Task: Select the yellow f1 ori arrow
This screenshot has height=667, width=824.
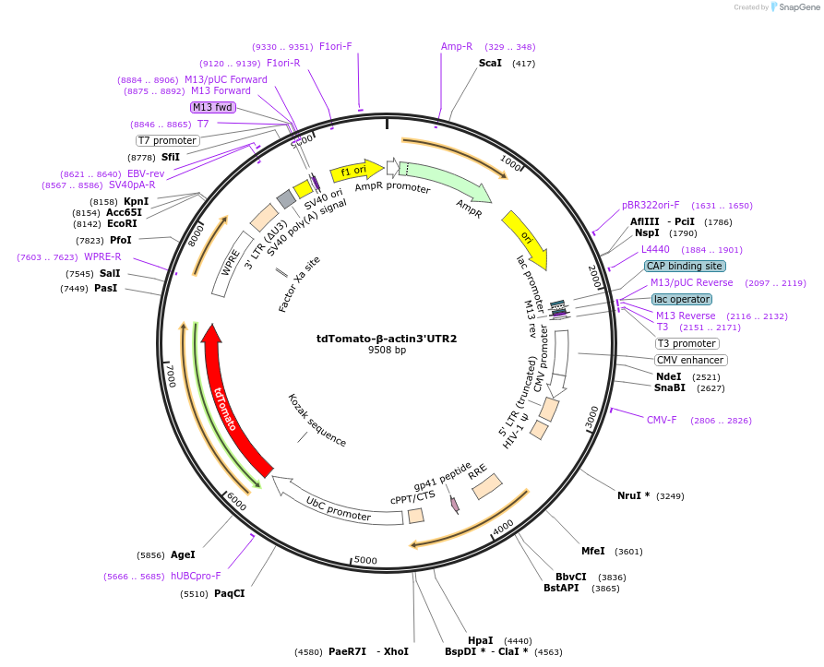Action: (x=355, y=170)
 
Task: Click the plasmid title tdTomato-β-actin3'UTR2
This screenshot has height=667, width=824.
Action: (x=387, y=339)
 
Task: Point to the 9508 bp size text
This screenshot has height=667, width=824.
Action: (x=387, y=351)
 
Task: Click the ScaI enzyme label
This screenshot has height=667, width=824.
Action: (x=490, y=63)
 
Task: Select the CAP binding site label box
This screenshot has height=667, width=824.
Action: (x=684, y=266)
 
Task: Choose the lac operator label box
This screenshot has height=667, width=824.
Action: (x=682, y=299)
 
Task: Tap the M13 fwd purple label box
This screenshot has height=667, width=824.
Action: (x=212, y=107)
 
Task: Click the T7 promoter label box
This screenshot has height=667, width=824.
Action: (x=167, y=140)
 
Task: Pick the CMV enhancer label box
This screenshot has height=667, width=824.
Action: (x=690, y=360)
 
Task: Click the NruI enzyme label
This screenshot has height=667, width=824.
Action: (x=634, y=495)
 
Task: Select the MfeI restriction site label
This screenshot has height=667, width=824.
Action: (x=593, y=551)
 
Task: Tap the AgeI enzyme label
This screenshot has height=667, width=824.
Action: (x=183, y=554)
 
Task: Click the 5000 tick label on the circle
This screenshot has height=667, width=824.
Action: (x=366, y=560)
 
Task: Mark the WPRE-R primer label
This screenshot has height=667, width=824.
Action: (x=102, y=256)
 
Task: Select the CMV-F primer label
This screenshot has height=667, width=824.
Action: (x=661, y=420)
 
